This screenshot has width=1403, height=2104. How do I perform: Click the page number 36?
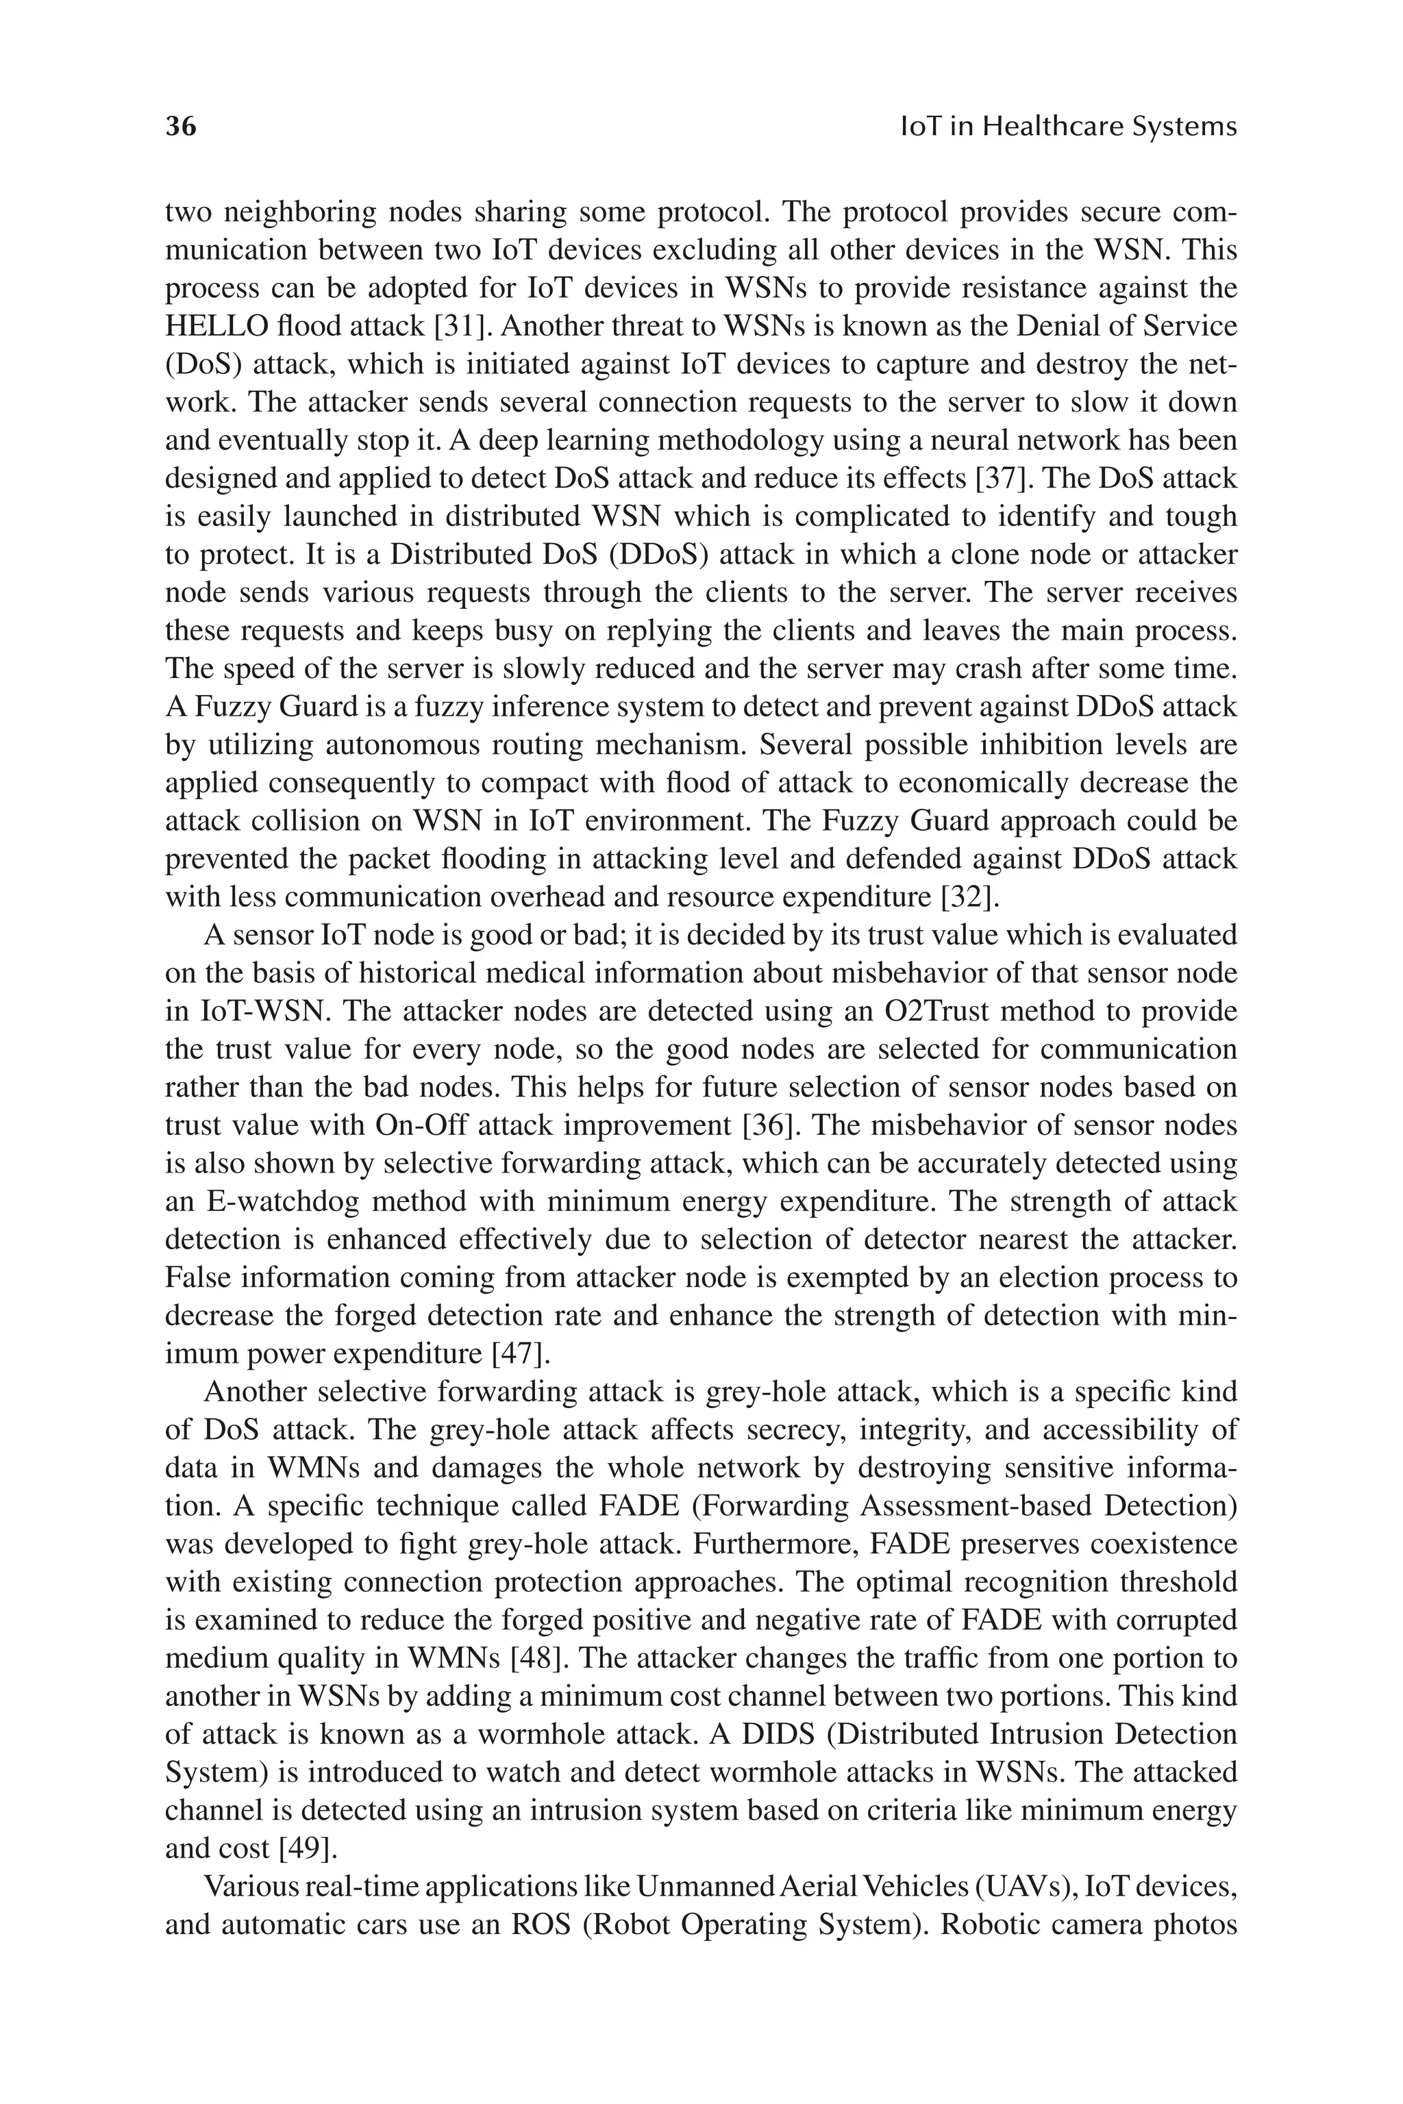tap(181, 127)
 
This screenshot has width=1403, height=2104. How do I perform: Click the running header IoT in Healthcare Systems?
tap(1067, 127)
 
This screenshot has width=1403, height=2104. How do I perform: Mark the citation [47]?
tap(521, 1353)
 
